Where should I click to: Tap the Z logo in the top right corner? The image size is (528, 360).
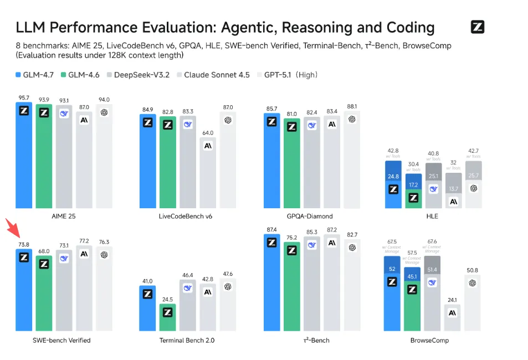(x=477, y=27)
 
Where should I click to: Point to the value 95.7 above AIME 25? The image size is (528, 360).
(x=24, y=97)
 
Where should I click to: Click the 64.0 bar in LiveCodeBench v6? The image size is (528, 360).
(x=208, y=172)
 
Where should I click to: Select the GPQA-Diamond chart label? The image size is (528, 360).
(x=311, y=216)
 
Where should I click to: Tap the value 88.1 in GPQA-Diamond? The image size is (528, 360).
(x=351, y=107)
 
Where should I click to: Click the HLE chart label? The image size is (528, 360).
(x=432, y=216)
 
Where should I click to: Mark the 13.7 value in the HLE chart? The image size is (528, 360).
(x=453, y=189)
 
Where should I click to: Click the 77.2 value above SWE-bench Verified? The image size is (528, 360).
(x=84, y=241)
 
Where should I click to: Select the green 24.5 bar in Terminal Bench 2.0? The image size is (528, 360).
(x=167, y=318)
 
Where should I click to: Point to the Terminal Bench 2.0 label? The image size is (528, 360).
(x=187, y=340)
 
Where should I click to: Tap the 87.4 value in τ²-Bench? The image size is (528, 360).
(x=271, y=229)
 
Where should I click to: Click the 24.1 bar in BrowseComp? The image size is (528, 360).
(x=453, y=318)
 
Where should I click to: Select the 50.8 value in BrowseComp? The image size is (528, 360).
(x=473, y=270)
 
